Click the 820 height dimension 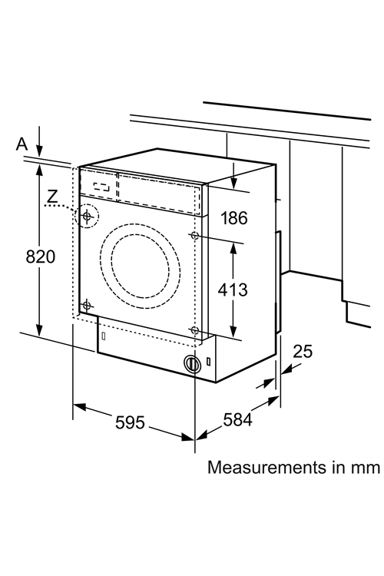pyautogui.click(x=41, y=257)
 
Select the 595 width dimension pyautogui.click(x=130, y=422)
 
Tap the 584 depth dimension pyautogui.click(x=238, y=419)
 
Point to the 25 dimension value pyautogui.click(x=303, y=352)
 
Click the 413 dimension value pyautogui.click(x=233, y=290)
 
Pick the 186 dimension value pyautogui.click(x=234, y=218)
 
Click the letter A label pyautogui.click(x=22, y=144)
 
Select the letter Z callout pyautogui.click(x=52, y=197)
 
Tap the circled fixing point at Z pyautogui.click(x=87, y=216)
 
